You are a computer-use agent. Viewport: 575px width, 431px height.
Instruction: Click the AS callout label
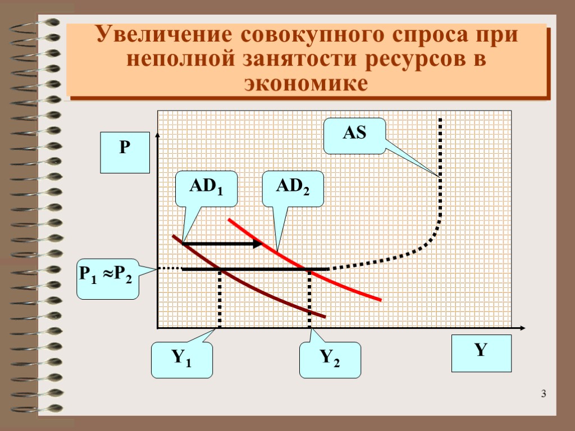click(354, 135)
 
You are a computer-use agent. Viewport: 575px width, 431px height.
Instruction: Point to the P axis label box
click(125, 152)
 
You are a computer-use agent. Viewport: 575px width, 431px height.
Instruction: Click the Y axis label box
click(480, 353)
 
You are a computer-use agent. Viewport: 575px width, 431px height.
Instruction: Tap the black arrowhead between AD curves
click(257, 244)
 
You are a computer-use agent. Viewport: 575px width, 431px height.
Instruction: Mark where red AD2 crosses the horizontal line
click(309, 270)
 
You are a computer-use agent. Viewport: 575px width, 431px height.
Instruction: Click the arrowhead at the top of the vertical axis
click(158, 135)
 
